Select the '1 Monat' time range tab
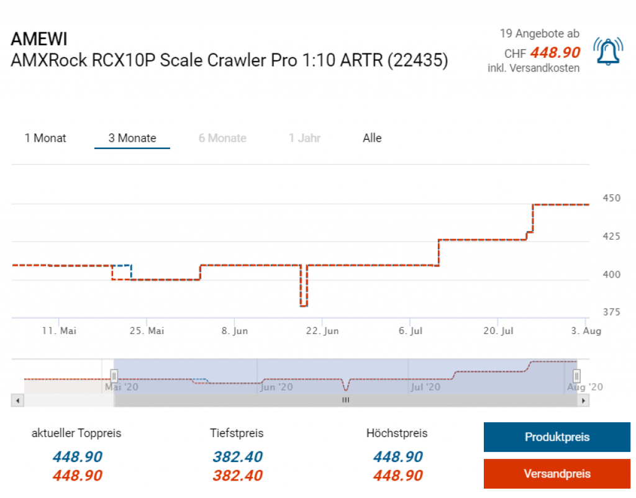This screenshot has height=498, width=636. [x=45, y=138]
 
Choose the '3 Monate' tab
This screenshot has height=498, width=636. [x=132, y=138]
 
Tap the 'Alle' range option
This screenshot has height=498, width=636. [x=372, y=138]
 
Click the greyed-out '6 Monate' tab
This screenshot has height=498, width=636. [x=222, y=138]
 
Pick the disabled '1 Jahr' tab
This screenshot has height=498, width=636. [x=304, y=138]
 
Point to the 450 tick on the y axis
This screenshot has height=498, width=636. [x=612, y=198]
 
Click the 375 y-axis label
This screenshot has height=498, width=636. [x=612, y=312]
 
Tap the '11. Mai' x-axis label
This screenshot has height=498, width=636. [x=60, y=331]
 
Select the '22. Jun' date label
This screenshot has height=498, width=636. [x=323, y=331]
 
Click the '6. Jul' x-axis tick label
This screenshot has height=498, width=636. [x=411, y=331]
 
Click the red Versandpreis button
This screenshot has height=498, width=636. [x=556, y=474]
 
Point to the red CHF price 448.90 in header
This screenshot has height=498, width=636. [x=555, y=53]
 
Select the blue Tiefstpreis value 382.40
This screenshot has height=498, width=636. [x=237, y=457]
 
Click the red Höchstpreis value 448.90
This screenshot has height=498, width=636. [x=397, y=476]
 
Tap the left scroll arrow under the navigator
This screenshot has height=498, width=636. [x=17, y=401]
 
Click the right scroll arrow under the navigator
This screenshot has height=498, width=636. [x=583, y=401]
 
